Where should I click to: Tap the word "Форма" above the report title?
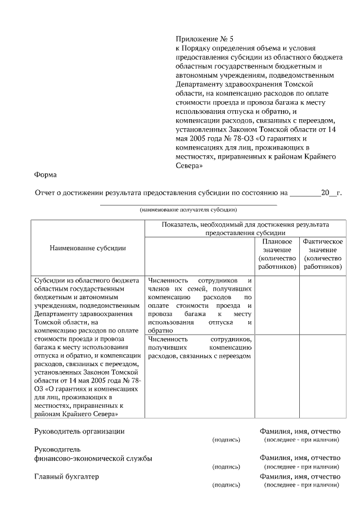pyautogui.click(x=46, y=175)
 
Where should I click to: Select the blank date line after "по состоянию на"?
pyautogui.click(x=304, y=193)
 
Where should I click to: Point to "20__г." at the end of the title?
pyautogui.click(x=331, y=192)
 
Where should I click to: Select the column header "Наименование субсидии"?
pyautogui.click(x=88, y=247)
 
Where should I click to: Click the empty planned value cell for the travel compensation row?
pyautogui.click(x=277, y=304)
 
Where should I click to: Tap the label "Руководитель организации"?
pyautogui.click(x=79, y=431)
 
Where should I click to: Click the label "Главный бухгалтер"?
pyautogui.click(x=66, y=477)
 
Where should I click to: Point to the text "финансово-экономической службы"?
pyautogui.click(x=93, y=458)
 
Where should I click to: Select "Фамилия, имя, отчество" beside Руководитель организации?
pyautogui.click(x=300, y=431)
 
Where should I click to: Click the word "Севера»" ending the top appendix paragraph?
pyautogui.click(x=189, y=166)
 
